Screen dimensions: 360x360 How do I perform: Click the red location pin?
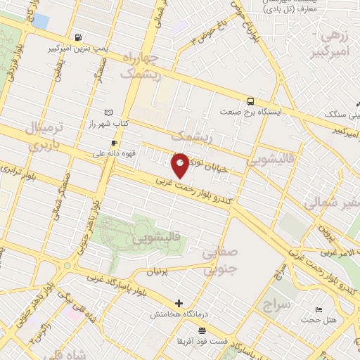[180, 165]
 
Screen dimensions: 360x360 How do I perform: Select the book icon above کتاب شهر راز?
[108, 112]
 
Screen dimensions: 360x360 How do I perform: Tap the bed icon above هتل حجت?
[319, 310]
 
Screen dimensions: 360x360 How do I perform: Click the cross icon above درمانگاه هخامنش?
[180, 303]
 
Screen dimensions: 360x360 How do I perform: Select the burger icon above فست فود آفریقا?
[202, 330]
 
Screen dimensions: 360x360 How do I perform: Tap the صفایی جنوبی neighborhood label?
[220, 261]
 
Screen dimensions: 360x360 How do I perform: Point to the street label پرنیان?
[157, 271]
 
